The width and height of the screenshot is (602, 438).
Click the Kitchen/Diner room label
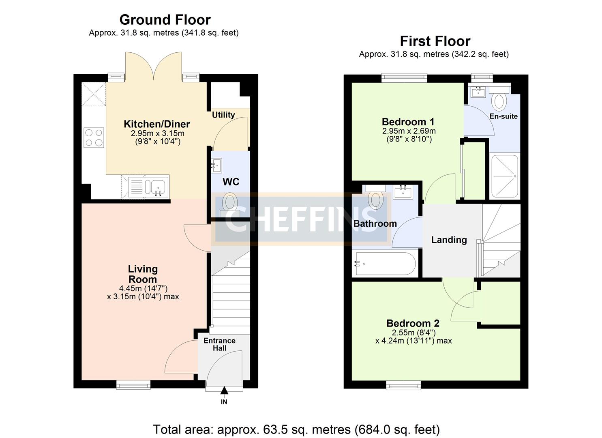coord(156,124)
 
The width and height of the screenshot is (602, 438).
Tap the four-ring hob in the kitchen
coord(94,137)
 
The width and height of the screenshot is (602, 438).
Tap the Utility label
coord(223,115)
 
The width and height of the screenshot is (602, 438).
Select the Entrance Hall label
coord(219,344)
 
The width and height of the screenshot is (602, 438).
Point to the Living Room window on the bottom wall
coord(133,384)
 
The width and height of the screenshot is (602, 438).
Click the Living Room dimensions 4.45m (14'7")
coord(143,288)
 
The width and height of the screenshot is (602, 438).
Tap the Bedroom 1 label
coord(408,122)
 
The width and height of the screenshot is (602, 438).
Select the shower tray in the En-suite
coord(505,176)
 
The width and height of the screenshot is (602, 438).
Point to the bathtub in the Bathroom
coord(384,264)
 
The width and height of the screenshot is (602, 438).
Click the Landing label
coord(449,240)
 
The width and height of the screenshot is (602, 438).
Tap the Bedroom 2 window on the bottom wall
coord(403,384)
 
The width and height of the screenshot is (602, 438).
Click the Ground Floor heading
coord(165,19)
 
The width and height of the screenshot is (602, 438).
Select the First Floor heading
coord(435,41)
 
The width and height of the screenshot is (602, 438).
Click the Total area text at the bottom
coord(296,429)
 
